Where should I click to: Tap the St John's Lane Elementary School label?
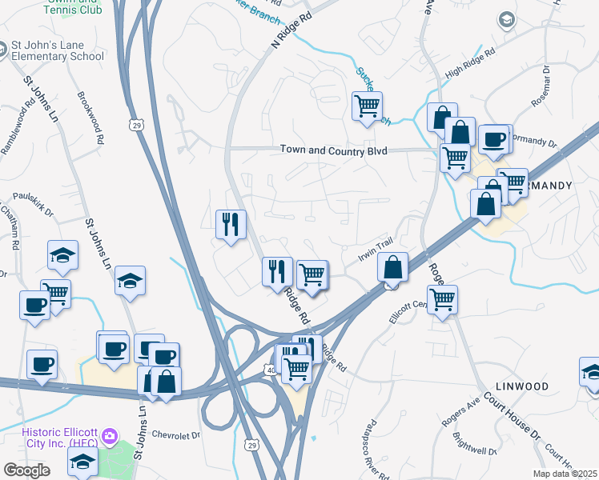coord(58,50)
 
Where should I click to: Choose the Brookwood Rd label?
coord(90,118)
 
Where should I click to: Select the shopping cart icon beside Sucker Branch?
coord(367,106)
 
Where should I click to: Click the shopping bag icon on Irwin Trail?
coord(392,266)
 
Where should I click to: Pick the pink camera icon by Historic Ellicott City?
coord(109,438)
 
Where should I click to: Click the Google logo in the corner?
coord(27,470)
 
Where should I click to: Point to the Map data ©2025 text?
coord(565,474)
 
